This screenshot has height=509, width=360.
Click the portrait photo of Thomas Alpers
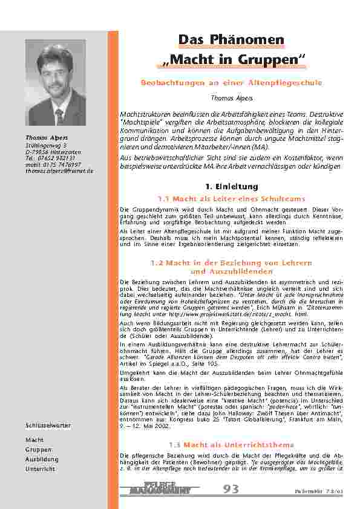coord(56,83)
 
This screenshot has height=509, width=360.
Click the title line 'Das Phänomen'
coord(232,40)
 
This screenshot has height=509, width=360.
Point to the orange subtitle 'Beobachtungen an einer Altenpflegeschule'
coord(232,82)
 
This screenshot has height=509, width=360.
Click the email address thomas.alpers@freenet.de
coord(59,171)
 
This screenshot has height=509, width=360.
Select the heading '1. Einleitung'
coord(232,186)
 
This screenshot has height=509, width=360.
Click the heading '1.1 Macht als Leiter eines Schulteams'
coord(232,198)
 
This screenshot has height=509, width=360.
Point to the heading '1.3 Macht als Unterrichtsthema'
coord(232,444)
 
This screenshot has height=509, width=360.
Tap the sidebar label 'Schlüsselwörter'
coord(48,426)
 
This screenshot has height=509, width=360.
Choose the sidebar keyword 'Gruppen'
coord(39,450)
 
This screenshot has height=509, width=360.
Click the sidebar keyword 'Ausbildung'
coord(42,459)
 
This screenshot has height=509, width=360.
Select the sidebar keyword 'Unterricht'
coord(41,468)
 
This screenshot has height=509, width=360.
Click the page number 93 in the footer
coord(231,489)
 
